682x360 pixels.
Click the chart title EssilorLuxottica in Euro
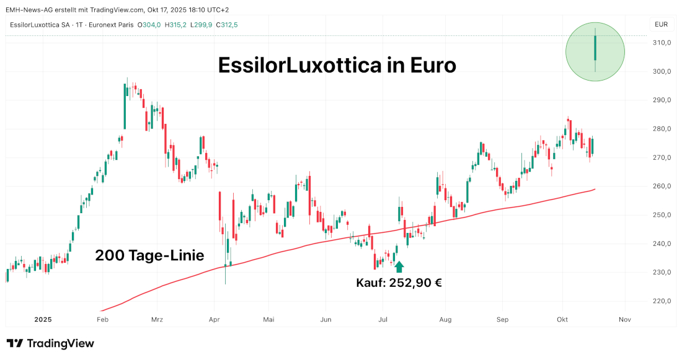(x=337, y=65)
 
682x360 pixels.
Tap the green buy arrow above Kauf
(x=399, y=267)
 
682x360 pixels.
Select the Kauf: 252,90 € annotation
(x=399, y=283)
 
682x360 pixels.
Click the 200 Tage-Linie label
(x=149, y=255)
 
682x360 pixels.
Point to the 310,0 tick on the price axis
(x=662, y=43)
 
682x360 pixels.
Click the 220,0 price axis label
(x=662, y=301)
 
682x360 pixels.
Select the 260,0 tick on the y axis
(x=662, y=187)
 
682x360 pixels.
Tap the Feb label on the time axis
(x=103, y=320)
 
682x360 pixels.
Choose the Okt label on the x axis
(x=562, y=320)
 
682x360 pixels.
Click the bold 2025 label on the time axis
(x=43, y=320)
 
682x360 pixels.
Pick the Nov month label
(x=624, y=320)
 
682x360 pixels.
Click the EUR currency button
(x=661, y=25)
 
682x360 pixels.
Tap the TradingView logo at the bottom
(x=50, y=343)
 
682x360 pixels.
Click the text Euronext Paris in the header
(x=111, y=25)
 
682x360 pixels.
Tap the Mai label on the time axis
(x=268, y=320)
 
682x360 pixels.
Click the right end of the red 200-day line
(x=595, y=189)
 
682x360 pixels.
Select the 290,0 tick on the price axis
(x=662, y=100)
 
